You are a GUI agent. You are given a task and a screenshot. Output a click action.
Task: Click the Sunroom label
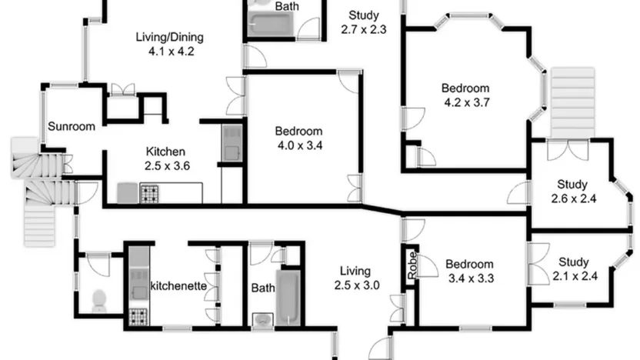tap(72, 126)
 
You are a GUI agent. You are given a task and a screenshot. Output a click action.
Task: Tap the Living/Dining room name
tap(170, 37)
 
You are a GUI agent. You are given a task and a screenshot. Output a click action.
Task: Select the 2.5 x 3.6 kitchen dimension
tap(167, 165)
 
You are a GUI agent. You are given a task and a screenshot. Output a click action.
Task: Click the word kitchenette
tap(178, 285)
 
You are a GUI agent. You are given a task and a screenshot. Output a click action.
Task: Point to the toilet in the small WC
tap(99, 301)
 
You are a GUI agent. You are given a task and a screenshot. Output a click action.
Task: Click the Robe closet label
tap(412, 265)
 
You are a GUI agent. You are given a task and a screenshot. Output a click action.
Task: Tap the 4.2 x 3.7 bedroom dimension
tap(467, 102)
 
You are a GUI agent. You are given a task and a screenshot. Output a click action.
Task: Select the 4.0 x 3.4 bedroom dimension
tap(300, 145)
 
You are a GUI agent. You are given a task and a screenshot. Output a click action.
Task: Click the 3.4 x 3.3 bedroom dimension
tap(471, 278)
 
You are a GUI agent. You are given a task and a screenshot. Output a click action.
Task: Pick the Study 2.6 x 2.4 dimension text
tap(574, 198)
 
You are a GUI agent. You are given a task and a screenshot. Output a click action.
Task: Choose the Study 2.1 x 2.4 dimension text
tap(575, 276)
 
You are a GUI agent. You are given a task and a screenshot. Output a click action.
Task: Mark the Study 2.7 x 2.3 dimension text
tap(364, 29)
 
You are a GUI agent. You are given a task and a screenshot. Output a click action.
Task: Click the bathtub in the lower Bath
tap(288, 298)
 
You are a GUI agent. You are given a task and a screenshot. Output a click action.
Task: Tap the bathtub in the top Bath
tap(271, 25)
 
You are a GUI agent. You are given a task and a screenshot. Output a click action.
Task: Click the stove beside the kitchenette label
tap(138, 317)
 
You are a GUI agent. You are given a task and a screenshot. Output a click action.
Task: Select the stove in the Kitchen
tap(149, 195)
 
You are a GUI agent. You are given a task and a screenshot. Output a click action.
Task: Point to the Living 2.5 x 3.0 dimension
tap(357, 285)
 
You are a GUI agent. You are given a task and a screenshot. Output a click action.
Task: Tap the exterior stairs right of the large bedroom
tap(572, 103)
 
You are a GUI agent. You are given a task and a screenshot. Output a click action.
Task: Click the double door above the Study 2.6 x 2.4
tap(568, 149)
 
